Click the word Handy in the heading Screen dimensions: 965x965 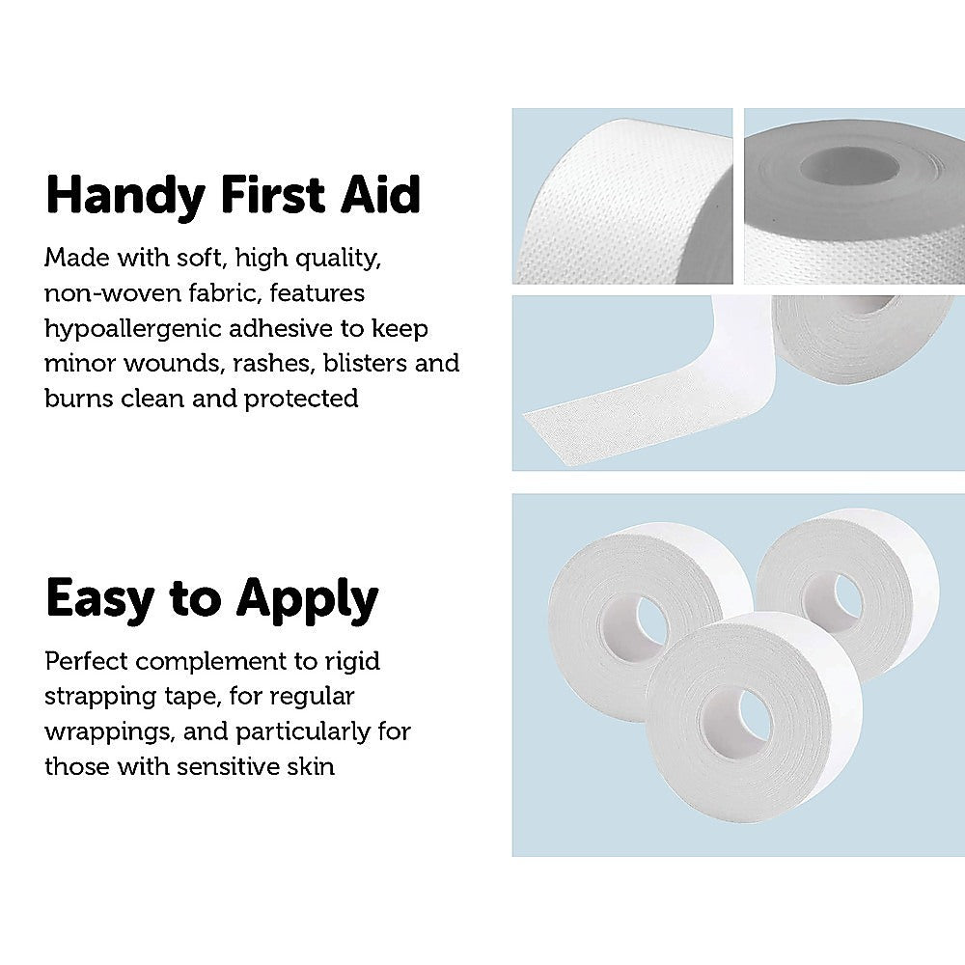click(125, 196)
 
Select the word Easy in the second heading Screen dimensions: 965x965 click(99, 599)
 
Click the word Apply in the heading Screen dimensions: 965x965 click(307, 599)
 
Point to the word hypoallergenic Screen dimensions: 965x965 click(133, 329)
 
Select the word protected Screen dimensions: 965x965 click(301, 399)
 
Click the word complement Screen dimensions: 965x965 click(211, 662)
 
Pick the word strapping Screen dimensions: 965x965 click(100, 698)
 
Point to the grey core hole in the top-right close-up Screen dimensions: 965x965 click(849, 166)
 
